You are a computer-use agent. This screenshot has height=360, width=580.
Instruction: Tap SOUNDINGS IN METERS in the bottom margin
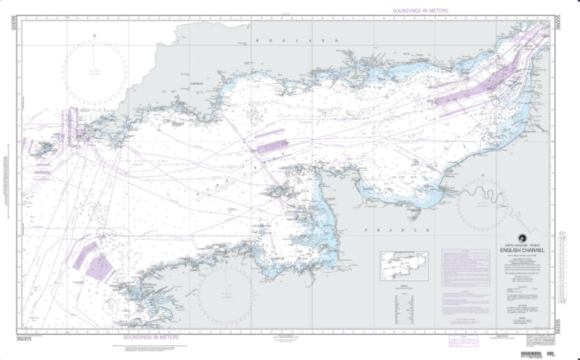pyautogui.click(x=151, y=337)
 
